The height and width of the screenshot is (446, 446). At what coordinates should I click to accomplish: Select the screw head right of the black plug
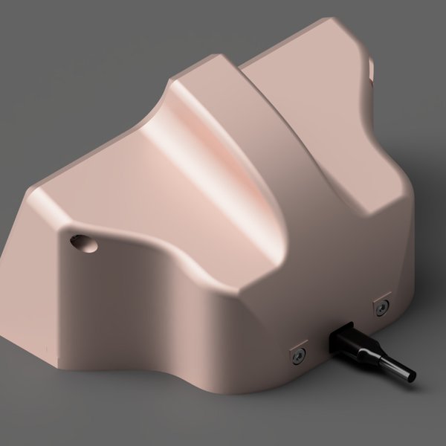pyautogui.click(x=381, y=307)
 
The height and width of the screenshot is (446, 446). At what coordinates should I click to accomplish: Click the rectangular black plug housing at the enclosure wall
pyautogui.click(x=344, y=339)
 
